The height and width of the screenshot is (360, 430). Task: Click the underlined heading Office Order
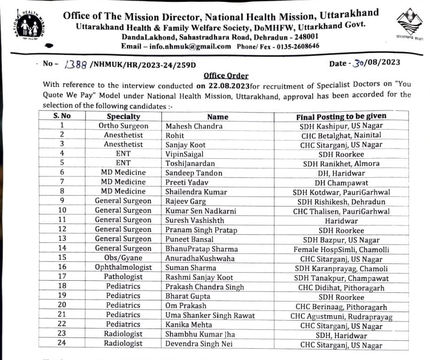pyautogui.click(x=226, y=76)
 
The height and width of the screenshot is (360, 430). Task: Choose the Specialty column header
pyautogui.click(x=123, y=116)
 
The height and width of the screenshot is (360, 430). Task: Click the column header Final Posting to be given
pyautogui.click(x=341, y=116)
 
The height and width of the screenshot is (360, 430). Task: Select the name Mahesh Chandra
pyautogui.click(x=194, y=126)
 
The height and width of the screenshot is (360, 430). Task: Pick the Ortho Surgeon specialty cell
pyautogui.click(x=123, y=126)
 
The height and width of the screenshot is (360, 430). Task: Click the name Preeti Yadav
pyautogui.click(x=187, y=183)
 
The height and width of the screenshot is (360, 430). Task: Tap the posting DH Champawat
pyautogui.click(x=341, y=183)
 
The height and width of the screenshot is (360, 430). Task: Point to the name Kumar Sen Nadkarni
pyautogui.click(x=200, y=211)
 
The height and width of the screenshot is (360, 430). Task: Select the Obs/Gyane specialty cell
pyautogui.click(x=123, y=258)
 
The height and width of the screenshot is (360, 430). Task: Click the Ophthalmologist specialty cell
pyautogui.click(x=123, y=268)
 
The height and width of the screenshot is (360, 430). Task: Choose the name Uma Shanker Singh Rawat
pyautogui.click(x=210, y=315)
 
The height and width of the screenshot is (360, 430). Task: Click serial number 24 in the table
pyautogui.click(x=62, y=343)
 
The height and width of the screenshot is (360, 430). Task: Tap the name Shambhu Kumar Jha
pyautogui.click(x=200, y=334)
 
